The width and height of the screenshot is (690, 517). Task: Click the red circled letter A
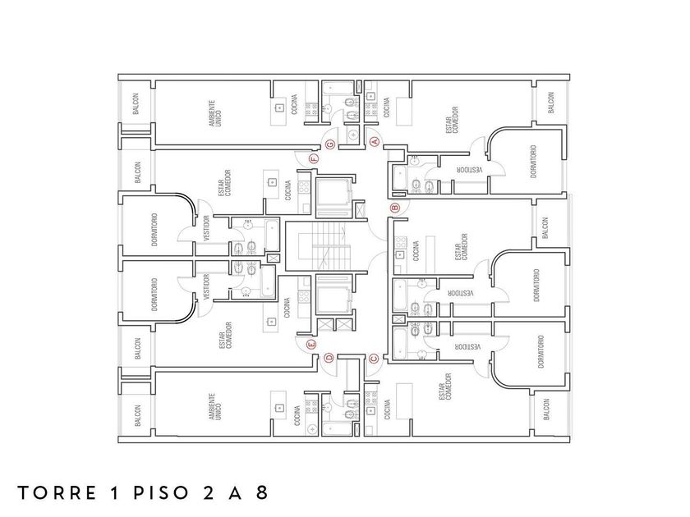click(x=376, y=141)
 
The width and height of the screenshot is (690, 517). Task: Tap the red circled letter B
click(x=394, y=208)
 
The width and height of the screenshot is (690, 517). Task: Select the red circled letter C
click(x=374, y=357)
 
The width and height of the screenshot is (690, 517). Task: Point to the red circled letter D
click(x=329, y=357)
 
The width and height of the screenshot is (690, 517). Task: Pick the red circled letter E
click(x=310, y=344)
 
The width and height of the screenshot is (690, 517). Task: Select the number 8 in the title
click(x=262, y=493)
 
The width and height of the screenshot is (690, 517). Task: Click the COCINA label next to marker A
click(x=387, y=107)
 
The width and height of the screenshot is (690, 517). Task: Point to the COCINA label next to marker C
click(x=387, y=410)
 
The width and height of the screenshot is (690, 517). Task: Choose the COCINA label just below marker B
click(x=417, y=249)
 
